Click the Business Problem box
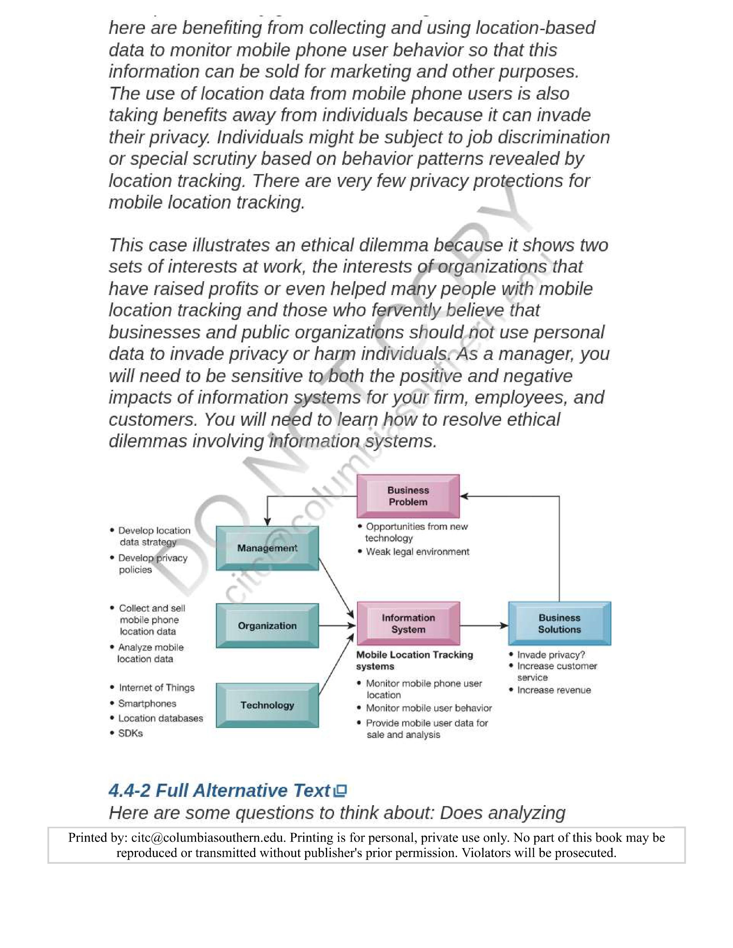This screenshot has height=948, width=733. pyautogui.click(x=408, y=496)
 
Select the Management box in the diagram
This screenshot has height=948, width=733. pyautogui.click(x=267, y=548)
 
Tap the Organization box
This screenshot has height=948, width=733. pyautogui.click(x=267, y=625)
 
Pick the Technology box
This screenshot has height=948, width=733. pyautogui.click(x=267, y=705)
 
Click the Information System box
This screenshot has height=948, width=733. pyautogui.click(x=408, y=623)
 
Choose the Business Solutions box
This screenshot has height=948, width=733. pyautogui.click(x=559, y=623)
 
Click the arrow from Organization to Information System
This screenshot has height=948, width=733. pyautogui.click(x=337, y=625)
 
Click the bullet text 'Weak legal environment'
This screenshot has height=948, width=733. pyautogui.click(x=417, y=552)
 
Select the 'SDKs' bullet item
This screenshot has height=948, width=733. pyautogui.click(x=130, y=733)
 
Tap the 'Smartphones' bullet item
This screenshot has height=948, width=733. pyautogui.click(x=147, y=703)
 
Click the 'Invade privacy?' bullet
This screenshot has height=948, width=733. pyautogui.click(x=551, y=655)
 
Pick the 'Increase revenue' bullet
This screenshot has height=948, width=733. pyautogui.click(x=554, y=690)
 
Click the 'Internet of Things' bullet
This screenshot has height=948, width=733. pyautogui.click(x=156, y=687)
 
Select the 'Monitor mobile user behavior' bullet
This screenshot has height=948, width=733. pyautogui.click(x=429, y=708)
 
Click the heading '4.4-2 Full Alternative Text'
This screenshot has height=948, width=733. pyautogui.click(x=219, y=791)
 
